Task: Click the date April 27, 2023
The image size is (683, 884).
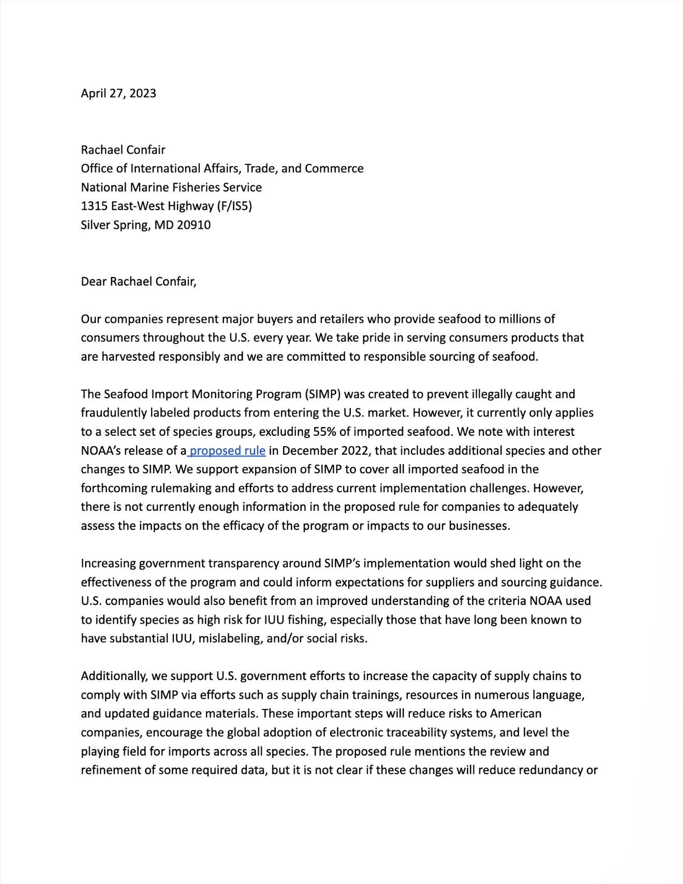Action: click(118, 93)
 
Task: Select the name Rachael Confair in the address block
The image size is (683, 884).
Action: click(123, 150)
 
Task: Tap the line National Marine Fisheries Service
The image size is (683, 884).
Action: click(171, 187)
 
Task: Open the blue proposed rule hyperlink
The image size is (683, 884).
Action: click(228, 451)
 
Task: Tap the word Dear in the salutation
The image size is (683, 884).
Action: click(94, 282)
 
